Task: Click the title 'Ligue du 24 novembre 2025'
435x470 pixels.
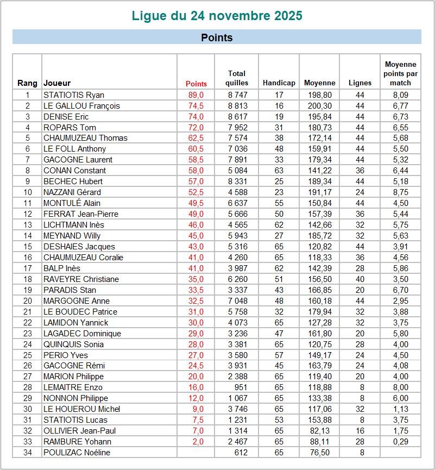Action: pyautogui.click(x=217, y=15)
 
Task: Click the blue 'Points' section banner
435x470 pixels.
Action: pyautogui.click(x=217, y=37)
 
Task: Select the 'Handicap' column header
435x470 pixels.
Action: pyautogui.click(x=279, y=83)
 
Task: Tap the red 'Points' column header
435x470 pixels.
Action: pyautogui.click(x=196, y=84)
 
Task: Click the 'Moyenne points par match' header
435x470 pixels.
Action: pyautogui.click(x=400, y=74)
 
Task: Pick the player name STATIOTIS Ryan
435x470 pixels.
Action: pyautogui.click(x=74, y=95)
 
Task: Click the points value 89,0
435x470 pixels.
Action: pyautogui.click(x=196, y=95)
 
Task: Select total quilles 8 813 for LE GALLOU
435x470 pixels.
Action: pyautogui.click(x=237, y=106)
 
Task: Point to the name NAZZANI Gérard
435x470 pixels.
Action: pyautogui.click(x=72, y=192)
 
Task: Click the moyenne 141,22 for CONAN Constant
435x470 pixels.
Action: pyautogui.click(x=318, y=171)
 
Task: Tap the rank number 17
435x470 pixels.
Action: pyautogui.click(x=28, y=268)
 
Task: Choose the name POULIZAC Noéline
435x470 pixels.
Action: pyautogui.click(x=76, y=453)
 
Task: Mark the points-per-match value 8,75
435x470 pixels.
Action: pyautogui.click(x=400, y=192)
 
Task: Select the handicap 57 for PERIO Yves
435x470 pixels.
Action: pyautogui.click(x=279, y=355)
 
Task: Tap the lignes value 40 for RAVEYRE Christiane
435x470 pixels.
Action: pyautogui.click(x=360, y=279)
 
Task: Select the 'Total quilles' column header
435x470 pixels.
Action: pyautogui.click(x=237, y=78)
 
